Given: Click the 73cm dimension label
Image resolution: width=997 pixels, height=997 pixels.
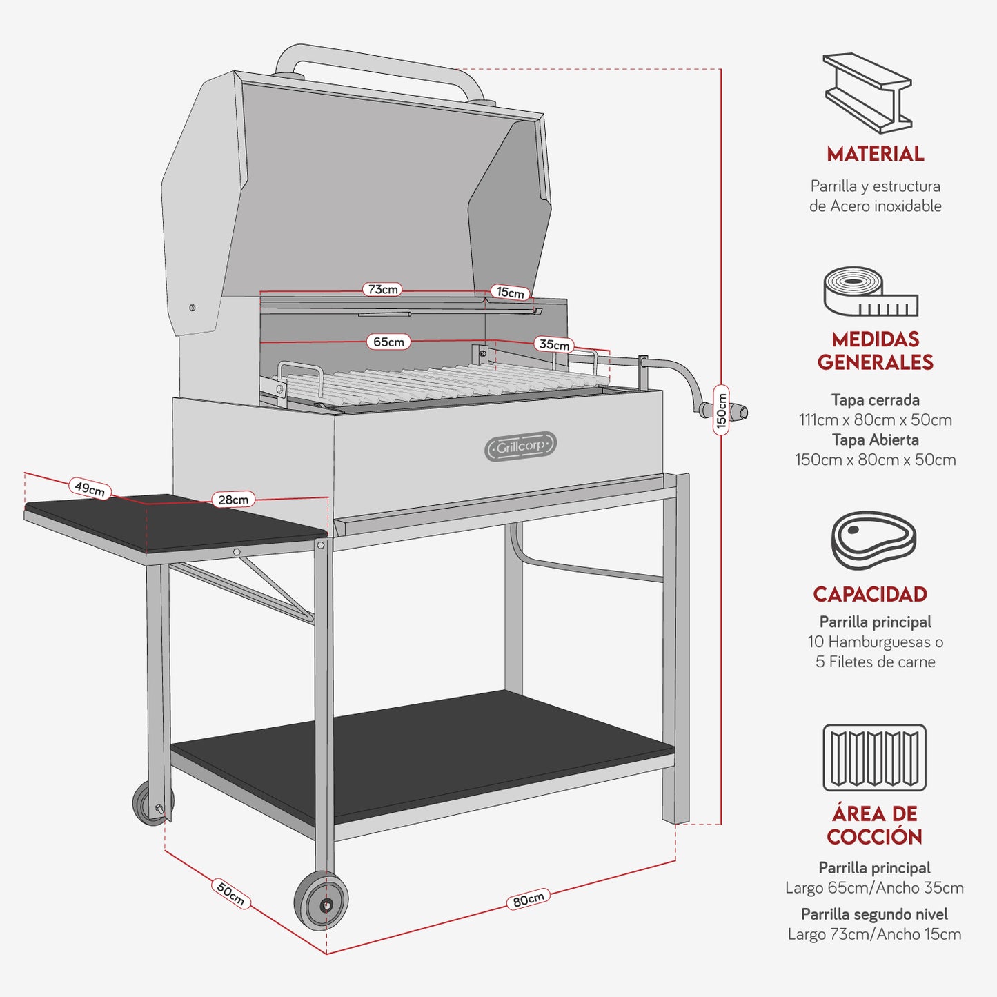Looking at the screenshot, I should pyautogui.click(x=382, y=289).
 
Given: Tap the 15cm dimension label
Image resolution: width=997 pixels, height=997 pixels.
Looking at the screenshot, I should pyautogui.click(x=511, y=293).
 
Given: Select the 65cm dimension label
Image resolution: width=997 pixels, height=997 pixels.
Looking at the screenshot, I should pyautogui.click(x=388, y=342).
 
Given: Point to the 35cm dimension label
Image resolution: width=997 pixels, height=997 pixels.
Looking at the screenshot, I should pyautogui.click(x=554, y=344).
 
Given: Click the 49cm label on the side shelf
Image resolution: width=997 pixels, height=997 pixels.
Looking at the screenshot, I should pyautogui.click(x=90, y=488).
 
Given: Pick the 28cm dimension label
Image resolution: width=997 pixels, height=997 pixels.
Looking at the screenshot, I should pyautogui.click(x=233, y=500).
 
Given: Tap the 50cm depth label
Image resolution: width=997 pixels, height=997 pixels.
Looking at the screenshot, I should pyautogui.click(x=230, y=894).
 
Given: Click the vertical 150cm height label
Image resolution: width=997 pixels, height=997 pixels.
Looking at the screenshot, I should pyautogui.click(x=721, y=410).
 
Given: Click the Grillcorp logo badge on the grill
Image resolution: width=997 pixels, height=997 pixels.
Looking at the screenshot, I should pyautogui.click(x=520, y=446).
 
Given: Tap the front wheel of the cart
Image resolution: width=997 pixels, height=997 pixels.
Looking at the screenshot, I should pyautogui.click(x=322, y=901).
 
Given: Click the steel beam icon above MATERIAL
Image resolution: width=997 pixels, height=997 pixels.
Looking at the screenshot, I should pyautogui.click(x=868, y=92).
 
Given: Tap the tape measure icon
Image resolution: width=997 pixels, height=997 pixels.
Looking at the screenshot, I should pyautogui.click(x=870, y=292).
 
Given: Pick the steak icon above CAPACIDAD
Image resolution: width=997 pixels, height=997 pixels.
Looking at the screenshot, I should pyautogui.click(x=873, y=540).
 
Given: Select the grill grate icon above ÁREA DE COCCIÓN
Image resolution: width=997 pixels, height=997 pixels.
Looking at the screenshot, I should pyautogui.click(x=874, y=757).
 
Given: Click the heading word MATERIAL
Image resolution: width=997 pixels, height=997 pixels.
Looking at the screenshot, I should pyautogui.click(x=875, y=154).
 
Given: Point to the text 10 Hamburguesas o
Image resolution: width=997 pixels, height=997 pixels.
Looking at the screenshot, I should pyautogui.click(x=875, y=642).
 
